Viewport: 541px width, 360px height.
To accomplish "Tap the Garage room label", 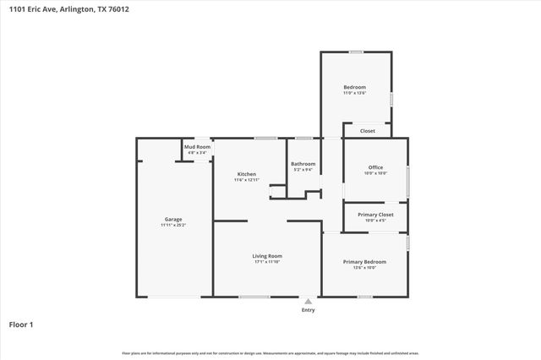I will (172, 220).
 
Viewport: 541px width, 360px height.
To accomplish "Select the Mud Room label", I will (198, 147).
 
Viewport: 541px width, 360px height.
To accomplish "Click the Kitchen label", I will (246, 174).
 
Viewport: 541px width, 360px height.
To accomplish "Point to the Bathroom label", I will (303, 164).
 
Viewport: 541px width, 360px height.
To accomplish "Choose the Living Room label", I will (267, 255).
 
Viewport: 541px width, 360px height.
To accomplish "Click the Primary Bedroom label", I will (364, 261).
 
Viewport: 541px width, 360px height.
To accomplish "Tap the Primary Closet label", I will (374, 215).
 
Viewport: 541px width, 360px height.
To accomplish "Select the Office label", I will (375, 167).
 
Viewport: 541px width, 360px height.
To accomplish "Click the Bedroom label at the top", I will (354, 87).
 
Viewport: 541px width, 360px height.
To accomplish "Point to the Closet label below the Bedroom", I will (368, 131).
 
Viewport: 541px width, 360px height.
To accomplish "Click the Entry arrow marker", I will (308, 301).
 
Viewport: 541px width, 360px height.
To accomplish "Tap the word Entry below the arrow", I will (308, 310).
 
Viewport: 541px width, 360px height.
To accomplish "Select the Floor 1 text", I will (20, 324).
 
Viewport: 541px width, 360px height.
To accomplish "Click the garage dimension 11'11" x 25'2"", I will (172, 226).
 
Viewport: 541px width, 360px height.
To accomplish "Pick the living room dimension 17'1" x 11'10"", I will (267, 262).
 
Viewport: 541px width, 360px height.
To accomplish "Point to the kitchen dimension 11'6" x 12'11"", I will (246, 180).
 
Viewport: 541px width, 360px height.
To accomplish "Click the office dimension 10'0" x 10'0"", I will (375, 173).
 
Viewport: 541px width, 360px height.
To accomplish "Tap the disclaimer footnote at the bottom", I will (270, 352).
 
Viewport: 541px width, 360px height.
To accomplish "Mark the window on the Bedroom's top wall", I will (356, 52).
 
